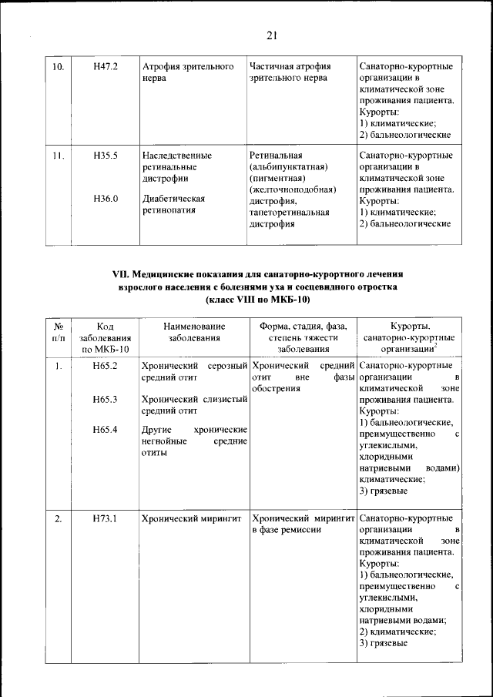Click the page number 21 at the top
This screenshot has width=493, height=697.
click(x=271, y=35)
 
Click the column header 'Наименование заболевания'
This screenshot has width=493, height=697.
click(x=193, y=332)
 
